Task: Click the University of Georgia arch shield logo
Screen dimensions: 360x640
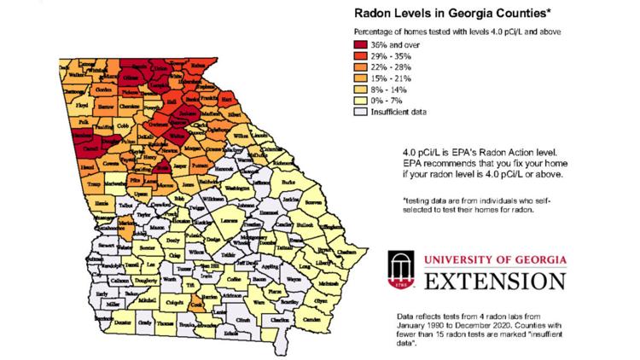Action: tap(402, 270)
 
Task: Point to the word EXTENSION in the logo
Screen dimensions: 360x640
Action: tap(491, 281)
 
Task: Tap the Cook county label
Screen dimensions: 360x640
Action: tap(198, 305)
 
